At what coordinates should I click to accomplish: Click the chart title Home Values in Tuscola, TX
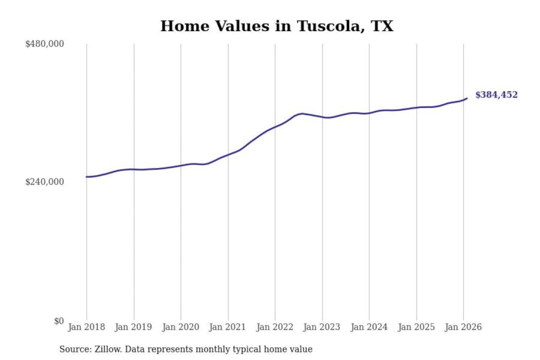tap(277, 26)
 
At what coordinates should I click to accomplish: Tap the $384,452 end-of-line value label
tap(496, 95)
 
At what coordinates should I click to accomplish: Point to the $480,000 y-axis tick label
tap(45, 44)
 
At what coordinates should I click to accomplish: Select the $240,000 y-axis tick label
tap(45, 182)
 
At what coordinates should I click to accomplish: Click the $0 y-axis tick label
tap(59, 321)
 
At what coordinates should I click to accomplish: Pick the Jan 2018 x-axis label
tap(86, 327)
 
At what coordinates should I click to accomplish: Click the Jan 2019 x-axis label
tap(133, 327)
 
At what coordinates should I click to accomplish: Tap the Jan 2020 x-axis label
tap(180, 327)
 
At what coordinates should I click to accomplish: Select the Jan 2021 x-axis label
tap(227, 327)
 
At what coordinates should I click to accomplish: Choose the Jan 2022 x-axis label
tap(274, 327)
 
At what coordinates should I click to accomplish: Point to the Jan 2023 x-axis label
tap(321, 327)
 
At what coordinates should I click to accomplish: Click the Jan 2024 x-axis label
tap(369, 327)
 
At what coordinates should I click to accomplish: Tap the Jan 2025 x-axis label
tap(416, 327)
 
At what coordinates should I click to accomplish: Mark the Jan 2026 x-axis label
tap(463, 327)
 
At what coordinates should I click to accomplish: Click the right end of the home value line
tap(467, 98)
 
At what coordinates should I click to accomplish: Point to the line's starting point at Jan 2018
tap(87, 177)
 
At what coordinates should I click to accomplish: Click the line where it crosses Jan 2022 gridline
tap(275, 127)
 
